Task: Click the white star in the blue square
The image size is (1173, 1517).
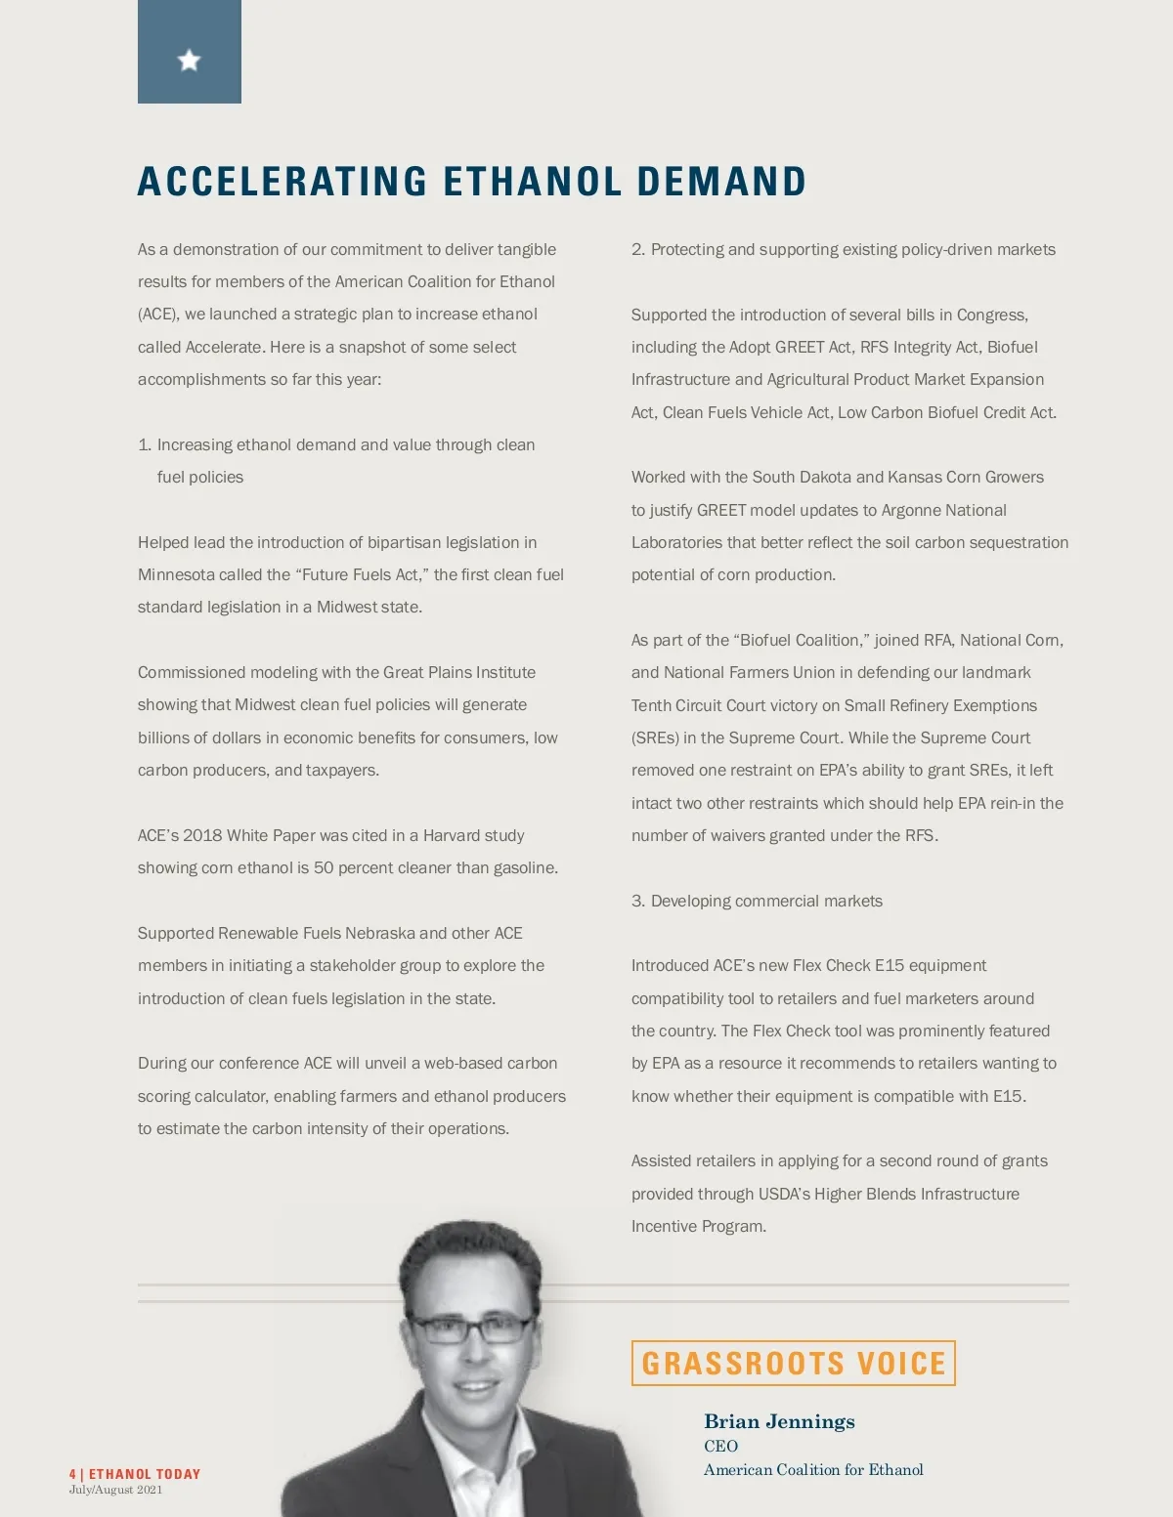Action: point(189,61)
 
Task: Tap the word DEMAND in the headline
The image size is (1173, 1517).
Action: point(721,183)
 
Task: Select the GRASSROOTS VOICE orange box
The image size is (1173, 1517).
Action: point(793,1363)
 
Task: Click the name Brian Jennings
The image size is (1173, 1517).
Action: point(779,1421)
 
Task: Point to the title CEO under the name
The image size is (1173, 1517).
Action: point(720,1446)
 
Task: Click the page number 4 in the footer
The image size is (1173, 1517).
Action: point(72,1474)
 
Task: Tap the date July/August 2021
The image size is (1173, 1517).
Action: point(115,1490)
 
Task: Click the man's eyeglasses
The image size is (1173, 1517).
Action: point(471,1328)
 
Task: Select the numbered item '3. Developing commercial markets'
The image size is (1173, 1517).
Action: point(757,901)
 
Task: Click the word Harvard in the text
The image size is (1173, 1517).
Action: point(457,835)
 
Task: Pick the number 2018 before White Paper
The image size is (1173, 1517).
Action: point(202,835)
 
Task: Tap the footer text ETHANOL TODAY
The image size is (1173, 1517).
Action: point(145,1474)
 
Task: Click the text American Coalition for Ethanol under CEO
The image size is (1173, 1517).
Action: point(813,1469)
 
